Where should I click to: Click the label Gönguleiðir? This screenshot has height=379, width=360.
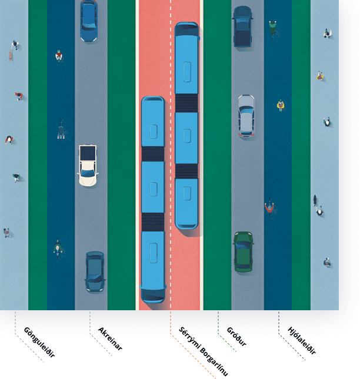click(x=39, y=342)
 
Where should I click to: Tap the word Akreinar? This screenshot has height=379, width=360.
click(x=110, y=338)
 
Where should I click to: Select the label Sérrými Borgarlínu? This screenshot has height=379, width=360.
click(x=203, y=351)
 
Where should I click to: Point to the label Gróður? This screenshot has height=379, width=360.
click(x=236, y=336)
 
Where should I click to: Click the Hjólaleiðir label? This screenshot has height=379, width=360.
click(x=302, y=340)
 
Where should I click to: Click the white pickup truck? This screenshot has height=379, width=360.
click(x=88, y=166)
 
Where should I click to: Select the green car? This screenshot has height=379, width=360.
click(x=244, y=252)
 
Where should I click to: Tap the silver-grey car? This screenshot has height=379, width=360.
click(x=246, y=116)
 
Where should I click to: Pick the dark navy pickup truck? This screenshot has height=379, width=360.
click(x=243, y=26)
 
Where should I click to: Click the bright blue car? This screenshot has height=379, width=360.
click(x=89, y=21)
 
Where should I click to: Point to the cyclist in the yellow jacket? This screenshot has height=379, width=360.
click(x=281, y=105)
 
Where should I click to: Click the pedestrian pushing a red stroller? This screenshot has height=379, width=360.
click(x=14, y=49)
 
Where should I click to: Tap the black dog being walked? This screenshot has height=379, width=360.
click(x=315, y=200)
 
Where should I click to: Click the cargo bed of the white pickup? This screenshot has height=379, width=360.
click(x=88, y=153)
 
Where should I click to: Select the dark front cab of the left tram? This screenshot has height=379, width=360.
click(x=153, y=295)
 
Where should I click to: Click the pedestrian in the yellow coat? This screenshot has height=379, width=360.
click(x=320, y=76)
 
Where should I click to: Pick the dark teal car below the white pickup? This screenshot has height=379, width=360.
click(x=95, y=271)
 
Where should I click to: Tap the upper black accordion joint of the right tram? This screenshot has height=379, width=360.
click(x=186, y=103)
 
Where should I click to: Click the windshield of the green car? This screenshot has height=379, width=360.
click(x=243, y=245)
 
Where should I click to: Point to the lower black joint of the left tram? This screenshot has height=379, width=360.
click(x=153, y=222)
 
